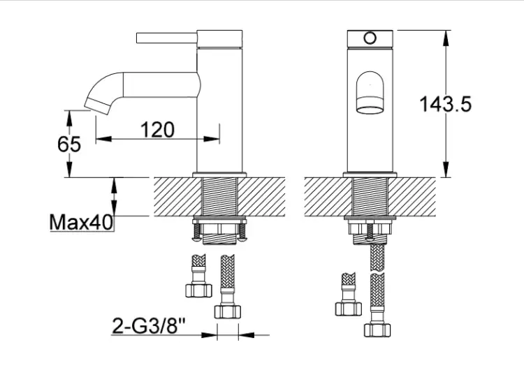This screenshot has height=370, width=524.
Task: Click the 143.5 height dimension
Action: pyautogui.click(x=445, y=104)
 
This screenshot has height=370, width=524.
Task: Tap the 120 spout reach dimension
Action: pyautogui.click(x=157, y=130)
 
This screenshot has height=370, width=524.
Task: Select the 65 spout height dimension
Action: pyautogui.click(x=69, y=145)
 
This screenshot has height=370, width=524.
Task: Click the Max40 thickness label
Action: pyautogui.click(x=81, y=222)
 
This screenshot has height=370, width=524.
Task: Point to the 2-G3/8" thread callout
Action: pyautogui.click(x=149, y=326)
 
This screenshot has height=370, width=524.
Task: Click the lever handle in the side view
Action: pyautogui.click(x=167, y=38)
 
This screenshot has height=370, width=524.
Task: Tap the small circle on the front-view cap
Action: pyautogui.click(x=370, y=38)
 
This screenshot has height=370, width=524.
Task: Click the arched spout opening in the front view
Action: pyautogui.click(x=370, y=92)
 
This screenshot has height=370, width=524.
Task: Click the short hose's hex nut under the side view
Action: pyautogui.click(x=199, y=290)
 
